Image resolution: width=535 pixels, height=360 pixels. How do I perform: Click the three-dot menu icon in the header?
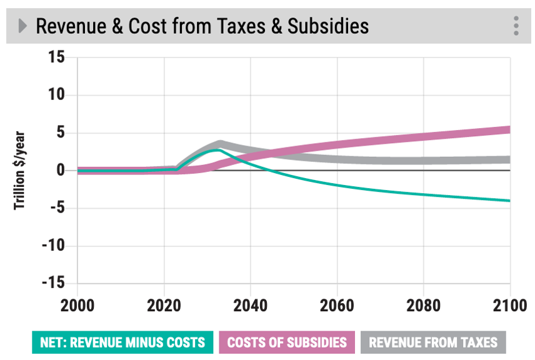(516, 26)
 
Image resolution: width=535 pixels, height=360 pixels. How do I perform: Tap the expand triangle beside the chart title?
(23, 26)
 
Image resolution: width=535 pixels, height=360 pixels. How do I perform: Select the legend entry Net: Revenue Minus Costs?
(122, 342)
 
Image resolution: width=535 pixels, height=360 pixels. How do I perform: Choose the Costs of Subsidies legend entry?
(286, 342)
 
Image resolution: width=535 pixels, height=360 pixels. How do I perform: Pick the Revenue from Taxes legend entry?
(432, 342)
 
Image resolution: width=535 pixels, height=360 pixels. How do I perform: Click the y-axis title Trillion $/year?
(20, 170)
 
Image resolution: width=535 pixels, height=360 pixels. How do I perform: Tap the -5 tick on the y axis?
(56, 208)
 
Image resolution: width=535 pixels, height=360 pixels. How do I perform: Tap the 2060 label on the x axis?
(337, 307)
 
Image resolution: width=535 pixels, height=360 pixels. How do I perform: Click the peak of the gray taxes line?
(220, 144)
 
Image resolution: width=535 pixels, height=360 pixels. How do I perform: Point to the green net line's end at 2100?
(509, 201)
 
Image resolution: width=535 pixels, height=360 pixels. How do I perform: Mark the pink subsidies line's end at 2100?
(509, 129)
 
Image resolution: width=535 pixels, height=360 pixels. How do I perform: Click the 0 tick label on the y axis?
(61, 170)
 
